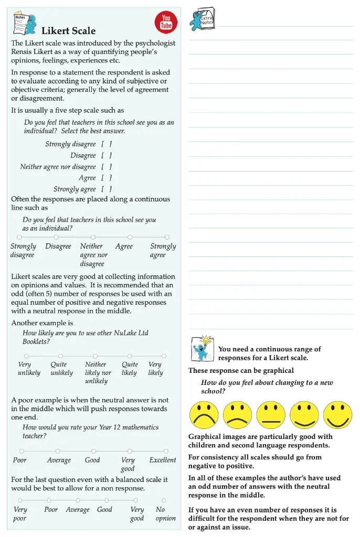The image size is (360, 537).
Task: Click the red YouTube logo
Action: click(x=166, y=22)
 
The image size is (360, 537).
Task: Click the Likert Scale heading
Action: click(x=68, y=31)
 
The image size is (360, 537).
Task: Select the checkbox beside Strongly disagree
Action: click(x=107, y=144)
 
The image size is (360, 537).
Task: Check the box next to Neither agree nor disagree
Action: click(x=107, y=167)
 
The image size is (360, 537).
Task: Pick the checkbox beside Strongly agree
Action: click(x=107, y=189)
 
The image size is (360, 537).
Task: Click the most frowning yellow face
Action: click(x=204, y=415)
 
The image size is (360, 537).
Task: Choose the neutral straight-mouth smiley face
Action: click(x=271, y=415)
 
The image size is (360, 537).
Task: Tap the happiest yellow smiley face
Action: click(x=337, y=415)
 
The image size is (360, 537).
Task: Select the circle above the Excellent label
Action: click(x=166, y=451)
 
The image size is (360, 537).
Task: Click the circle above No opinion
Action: click(x=164, y=500)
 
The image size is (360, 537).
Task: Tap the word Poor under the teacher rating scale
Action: click(x=20, y=460)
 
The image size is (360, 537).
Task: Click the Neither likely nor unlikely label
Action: click(x=98, y=373)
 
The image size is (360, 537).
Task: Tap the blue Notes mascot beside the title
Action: click(x=31, y=24)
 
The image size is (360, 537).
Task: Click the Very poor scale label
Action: click(x=20, y=514)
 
